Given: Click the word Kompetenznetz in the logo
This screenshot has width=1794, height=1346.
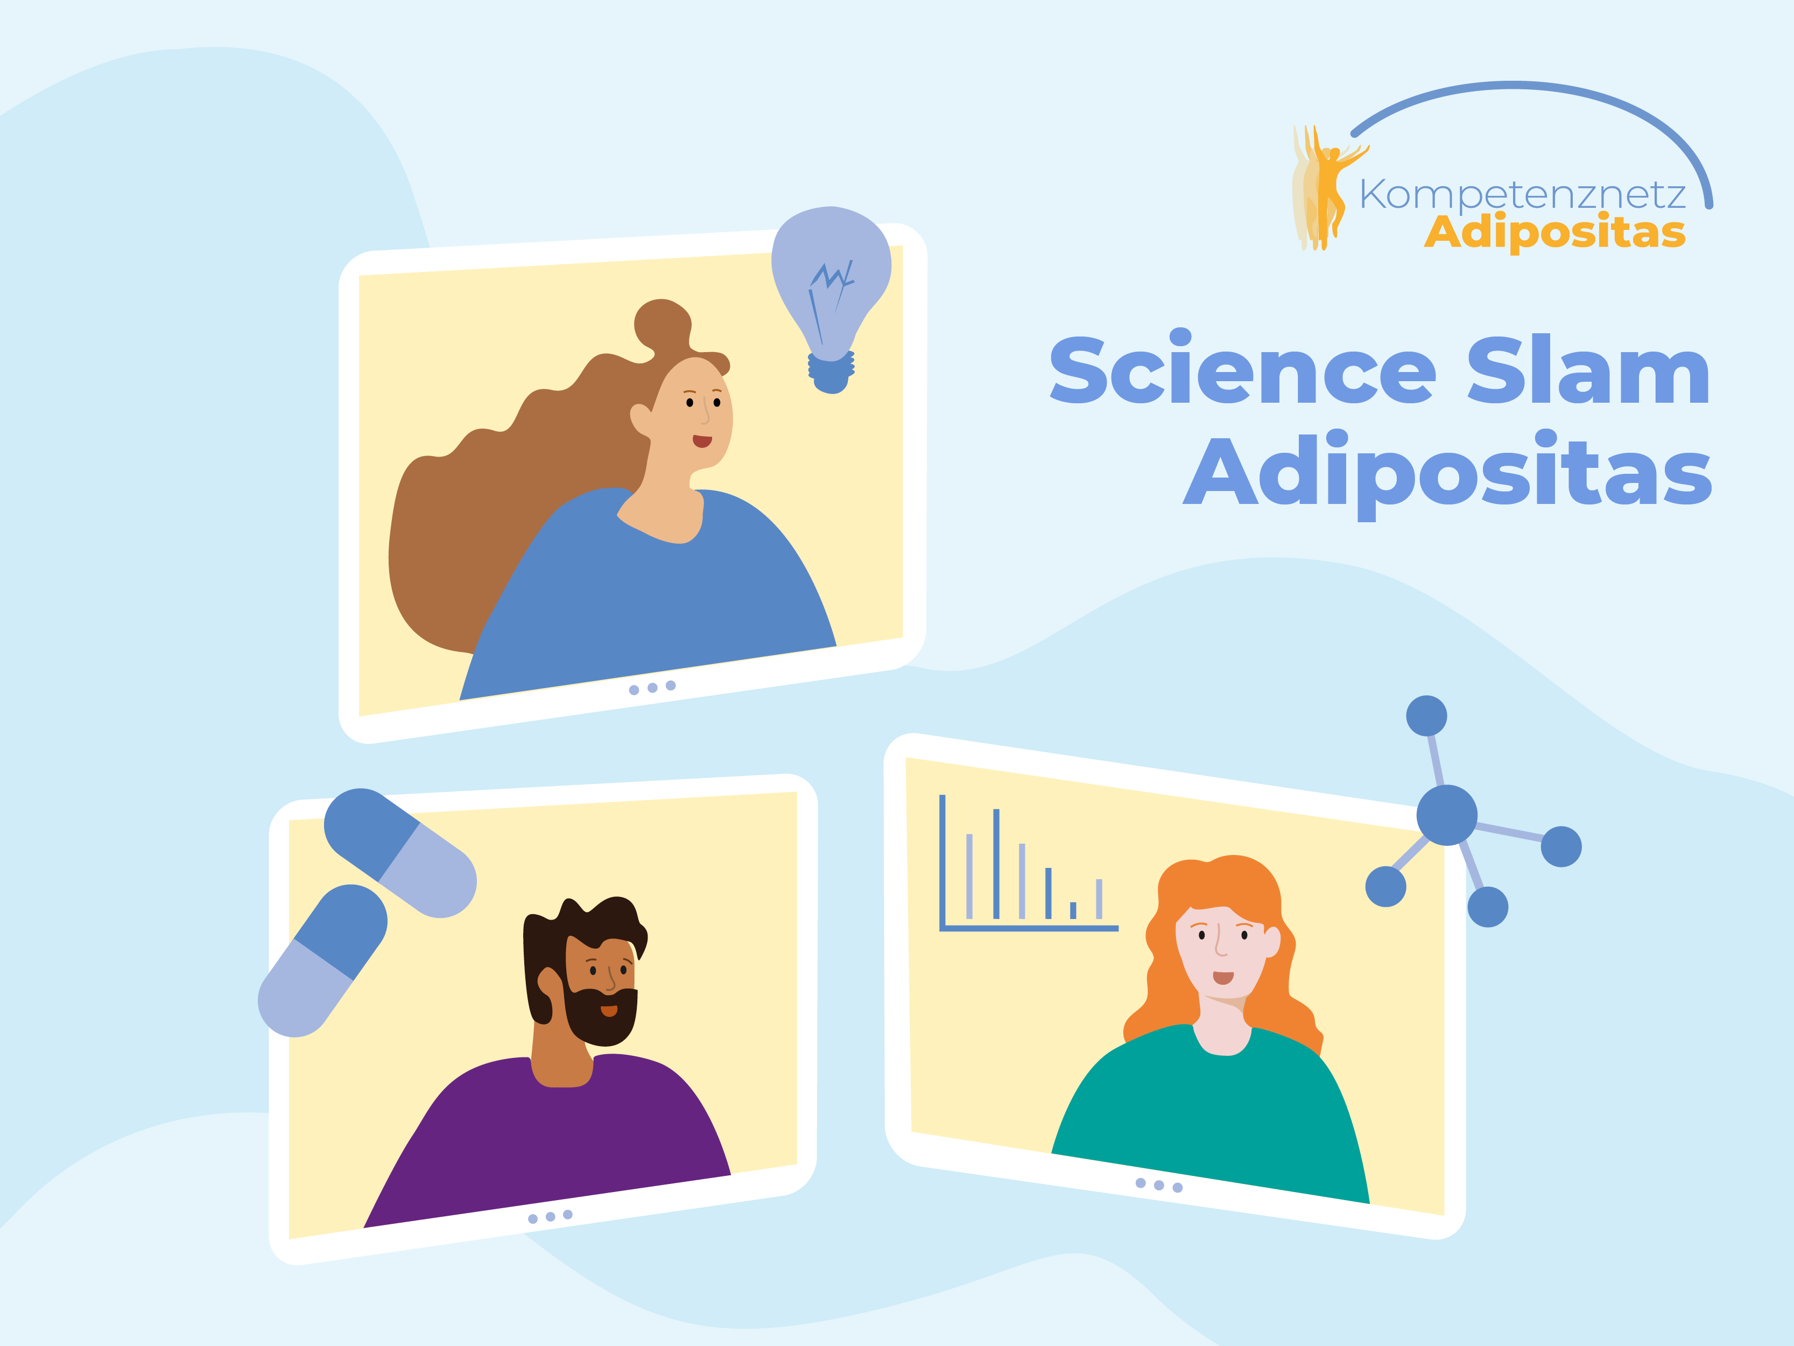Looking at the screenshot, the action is [x=1522, y=195].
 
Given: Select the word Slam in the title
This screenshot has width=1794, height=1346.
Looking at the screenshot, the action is [x=1589, y=369].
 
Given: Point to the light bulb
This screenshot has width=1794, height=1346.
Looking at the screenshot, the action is [x=831, y=300].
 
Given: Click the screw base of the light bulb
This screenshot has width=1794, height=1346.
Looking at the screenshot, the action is [x=831, y=373].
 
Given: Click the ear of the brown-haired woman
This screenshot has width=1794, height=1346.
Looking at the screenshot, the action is [x=641, y=419].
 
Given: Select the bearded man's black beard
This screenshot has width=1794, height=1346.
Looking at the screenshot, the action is [x=602, y=1014].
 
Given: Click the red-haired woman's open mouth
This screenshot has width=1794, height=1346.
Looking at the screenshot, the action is [x=1223, y=978].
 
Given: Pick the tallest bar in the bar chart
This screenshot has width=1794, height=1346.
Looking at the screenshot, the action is [x=996, y=863].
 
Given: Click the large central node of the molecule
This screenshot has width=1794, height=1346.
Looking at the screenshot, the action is [x=1447, y=815].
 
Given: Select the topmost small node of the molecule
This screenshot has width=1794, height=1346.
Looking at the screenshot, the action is [x=1426, y=716].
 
